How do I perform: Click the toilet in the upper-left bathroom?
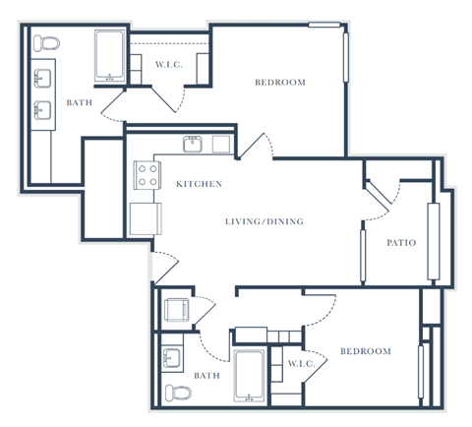(45, 42)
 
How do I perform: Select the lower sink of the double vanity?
(43, 108)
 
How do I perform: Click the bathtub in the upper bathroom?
(109, 56)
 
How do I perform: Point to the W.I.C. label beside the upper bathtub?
(168, 65)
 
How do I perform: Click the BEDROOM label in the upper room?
(280, 82)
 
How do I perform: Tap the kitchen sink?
(193, 145)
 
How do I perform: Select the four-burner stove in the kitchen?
(147, 175)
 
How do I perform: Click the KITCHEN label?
(199, 184)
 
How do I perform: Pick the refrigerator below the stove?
(143, 216)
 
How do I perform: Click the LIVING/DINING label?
(264, 221)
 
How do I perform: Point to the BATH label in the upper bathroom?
(79, 102)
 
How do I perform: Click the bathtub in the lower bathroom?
(249, 375)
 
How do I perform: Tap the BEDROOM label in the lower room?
(366, 351)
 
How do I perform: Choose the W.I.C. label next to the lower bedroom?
(300, 365)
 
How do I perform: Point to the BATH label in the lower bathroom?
(206, 375)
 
